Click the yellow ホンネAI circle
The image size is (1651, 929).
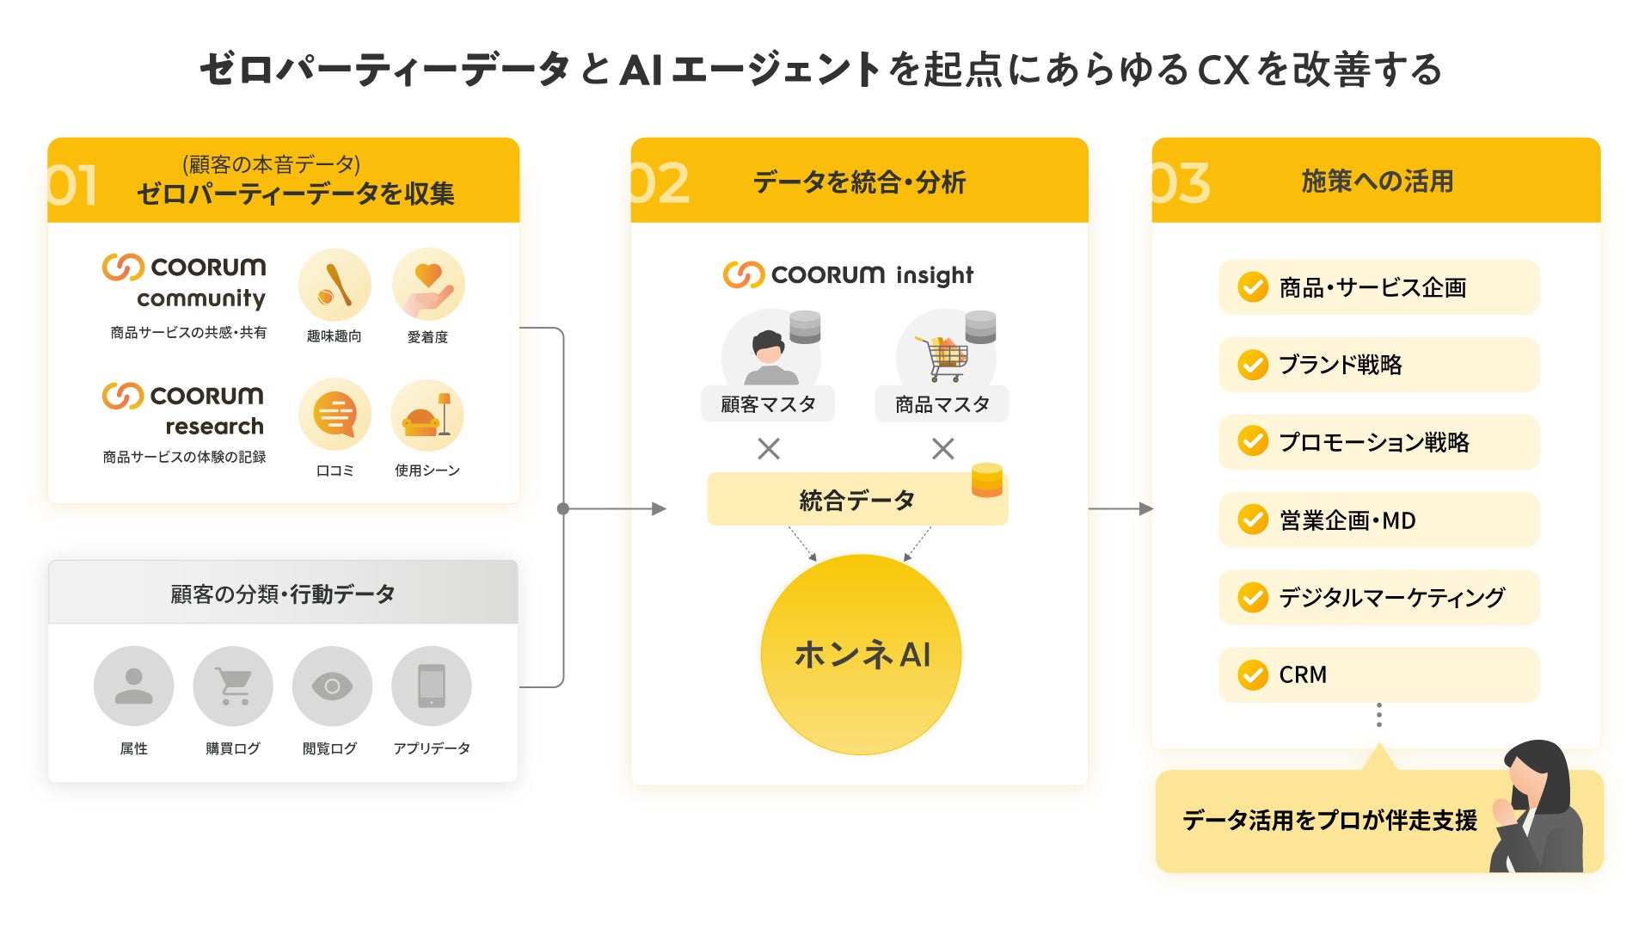coord(861,655)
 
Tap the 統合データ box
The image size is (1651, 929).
coord(856,500)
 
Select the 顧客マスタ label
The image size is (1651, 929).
coord(767,404)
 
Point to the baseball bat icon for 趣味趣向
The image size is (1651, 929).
coord(334,285)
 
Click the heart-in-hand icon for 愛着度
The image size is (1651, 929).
coord(428,285)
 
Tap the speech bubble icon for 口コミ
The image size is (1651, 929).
coord(334,415)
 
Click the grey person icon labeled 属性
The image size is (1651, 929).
coord(133,686)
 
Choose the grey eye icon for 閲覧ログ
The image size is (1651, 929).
coord(332,686)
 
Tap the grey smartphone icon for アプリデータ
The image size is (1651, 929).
coord(431,686)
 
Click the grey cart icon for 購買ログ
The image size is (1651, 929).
coord(233,686)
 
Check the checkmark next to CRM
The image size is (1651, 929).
coord(1253,675)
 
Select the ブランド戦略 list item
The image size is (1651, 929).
coord(1378,365)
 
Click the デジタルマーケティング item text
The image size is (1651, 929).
coord(1391,597)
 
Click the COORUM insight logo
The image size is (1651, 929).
coord(848,274)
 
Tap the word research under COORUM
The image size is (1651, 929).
coord(214,427)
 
